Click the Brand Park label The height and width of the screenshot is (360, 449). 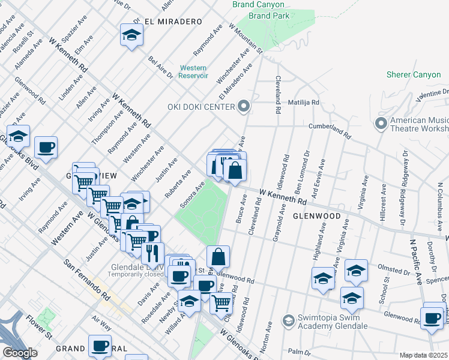(268, 16)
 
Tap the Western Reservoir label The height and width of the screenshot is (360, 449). (193, 71)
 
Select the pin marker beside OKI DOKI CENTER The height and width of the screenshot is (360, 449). (243, 107)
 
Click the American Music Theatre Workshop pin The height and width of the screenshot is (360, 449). (381, 124)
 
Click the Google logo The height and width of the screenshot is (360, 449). (20, 352)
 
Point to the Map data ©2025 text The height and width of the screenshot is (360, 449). (423, 355)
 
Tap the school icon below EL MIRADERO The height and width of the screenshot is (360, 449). (131, 35)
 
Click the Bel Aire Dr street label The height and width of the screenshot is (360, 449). (160, 67)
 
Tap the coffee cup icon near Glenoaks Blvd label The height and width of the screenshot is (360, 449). (46, 147)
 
